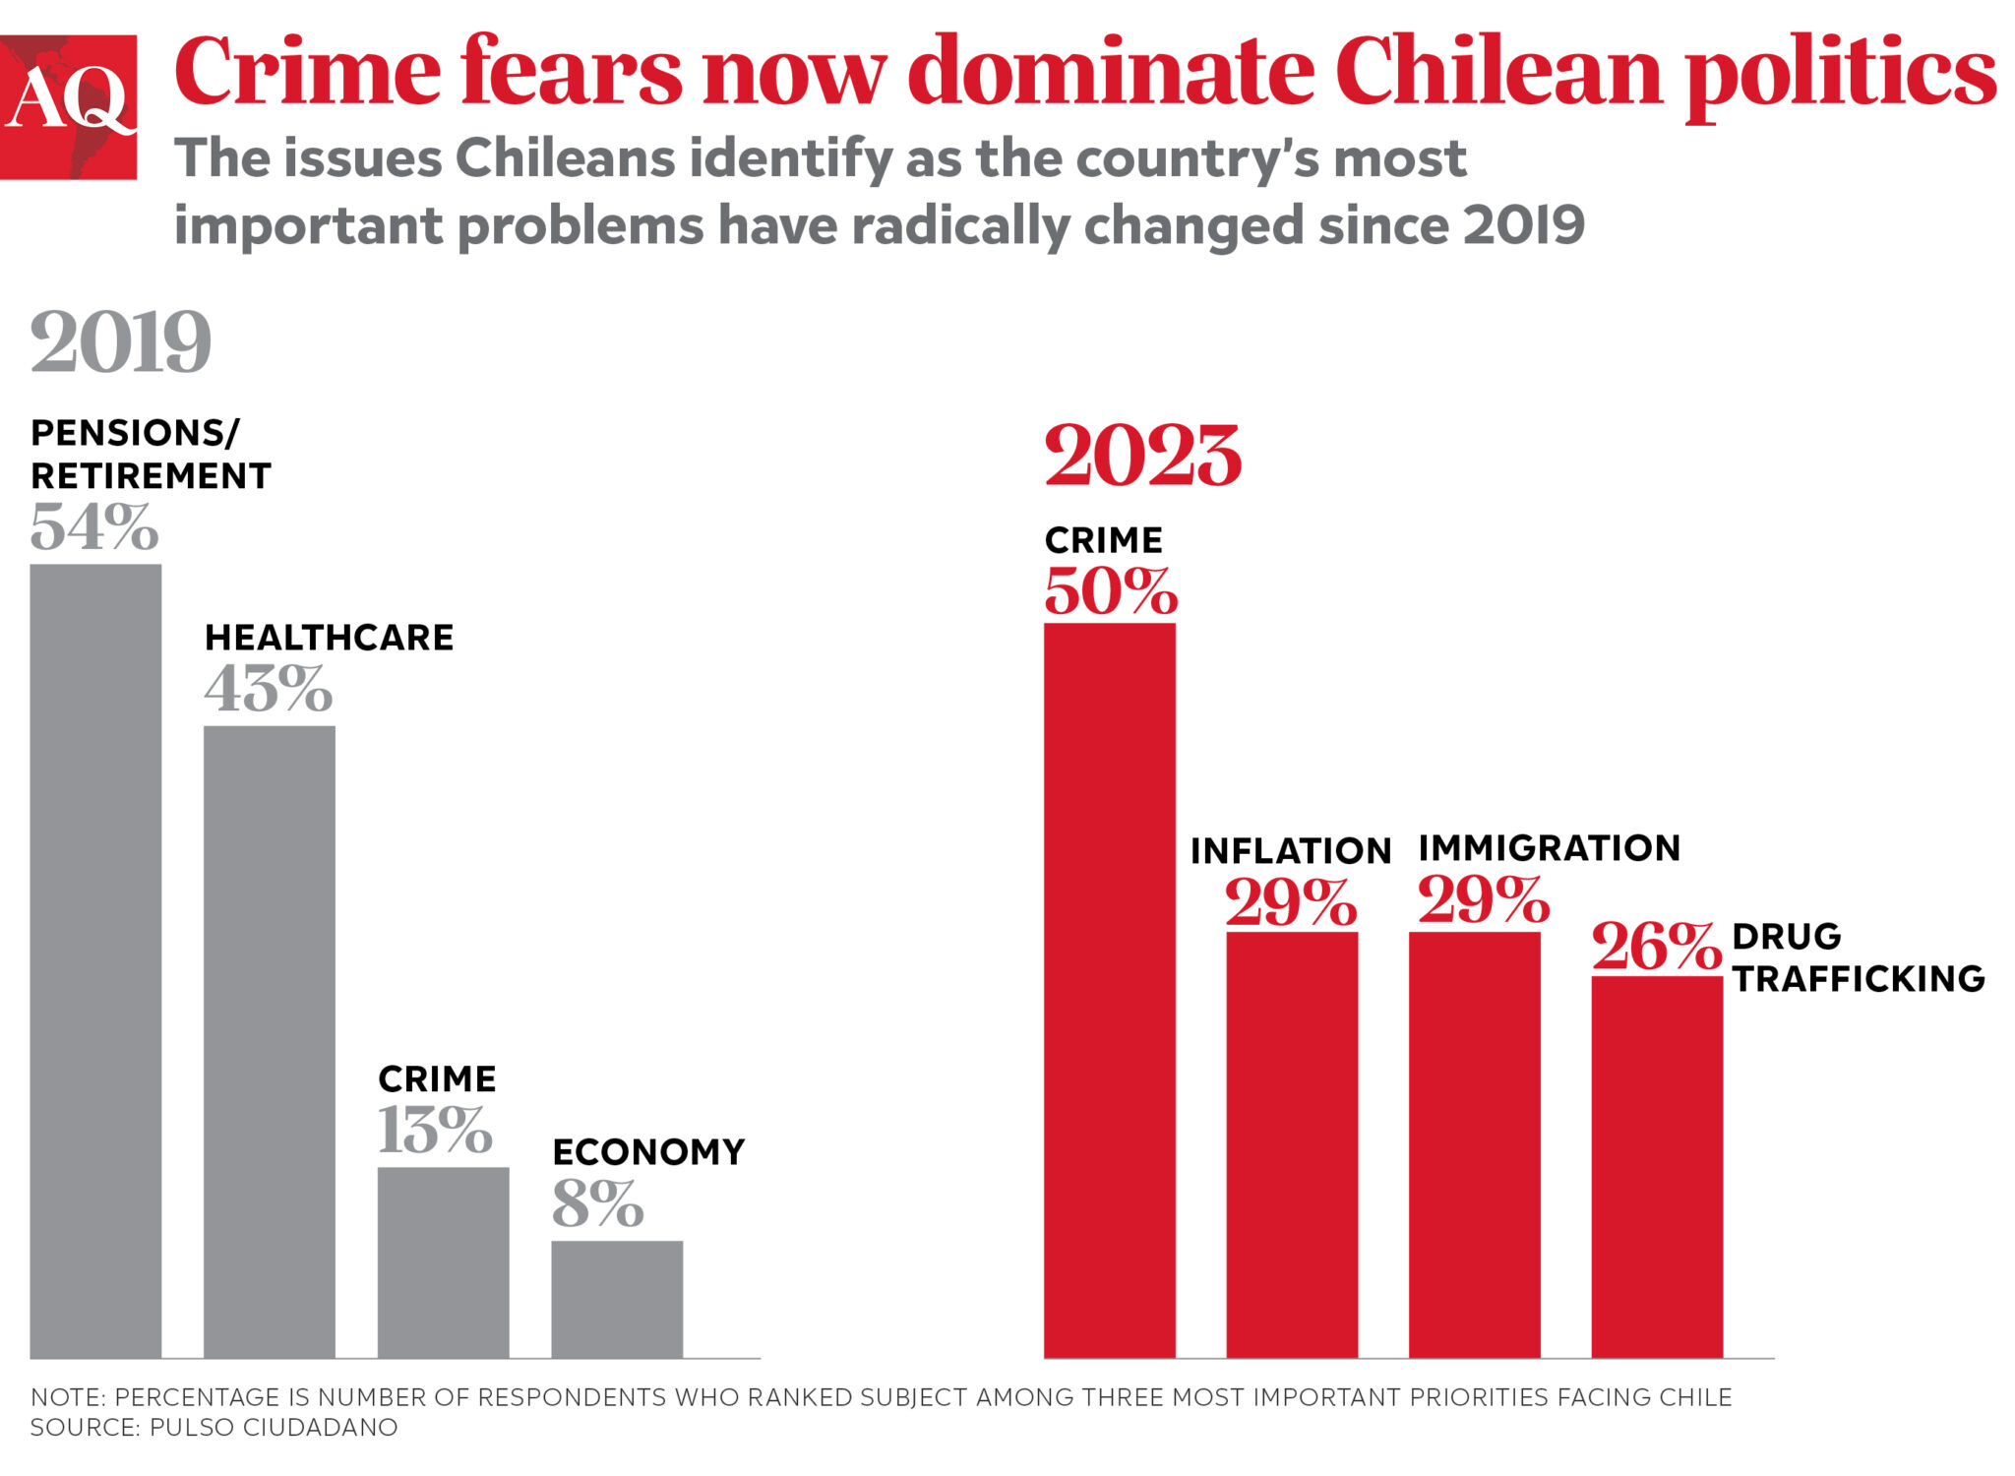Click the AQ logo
[x=68, y=106]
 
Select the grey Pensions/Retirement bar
[x=95, y=959]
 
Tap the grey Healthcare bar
[x=269, y=1041]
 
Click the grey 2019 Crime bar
[x=443, y=1261]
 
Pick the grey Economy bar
[x=617, y=1299]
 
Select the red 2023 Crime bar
[x=1109, y=989]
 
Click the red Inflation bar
[x=1292, y=1143]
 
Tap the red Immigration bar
[x=1474, y=1143]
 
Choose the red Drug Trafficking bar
[x=1657, y=1166]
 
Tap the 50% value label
[x=1110, y=591]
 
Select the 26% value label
[x=1656, y=946]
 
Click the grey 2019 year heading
[x=120, y=341]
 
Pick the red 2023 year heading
[x=1142, y=456]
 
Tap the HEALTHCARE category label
[x=329, y=638]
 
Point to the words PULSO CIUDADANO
[x=274, y=1427]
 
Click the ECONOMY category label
[x=648, y=1151]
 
